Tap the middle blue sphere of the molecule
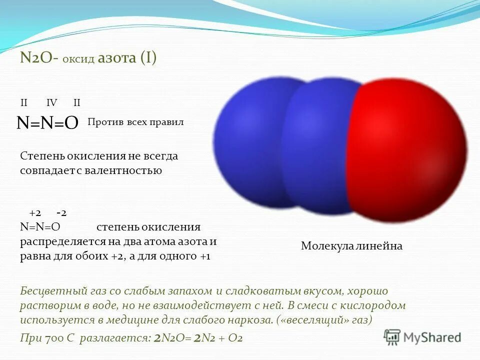[320, 150]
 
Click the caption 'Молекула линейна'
[351, 246]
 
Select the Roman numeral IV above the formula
[51, 103]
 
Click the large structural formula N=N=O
[47, 123]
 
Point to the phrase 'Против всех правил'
[135, 122]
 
